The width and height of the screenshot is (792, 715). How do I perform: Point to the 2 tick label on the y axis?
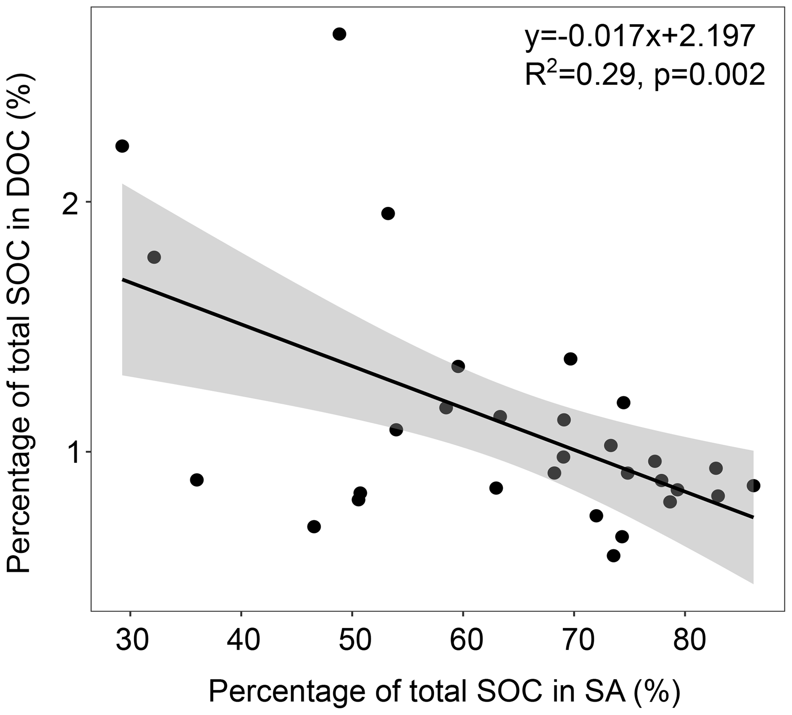[x=71, y=203]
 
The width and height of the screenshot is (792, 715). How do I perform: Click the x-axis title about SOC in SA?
[x=444, y=692]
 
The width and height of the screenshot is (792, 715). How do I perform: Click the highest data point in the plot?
[x=339, y=34]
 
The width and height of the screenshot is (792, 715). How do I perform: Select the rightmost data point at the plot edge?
[x=753, y=486]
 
